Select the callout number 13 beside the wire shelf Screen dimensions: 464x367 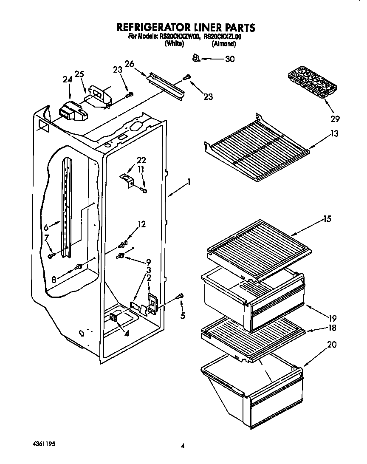tap(334, 135)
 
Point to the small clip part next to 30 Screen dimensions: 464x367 tap(195, 58)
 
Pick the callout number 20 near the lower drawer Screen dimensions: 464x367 tap(331, 345)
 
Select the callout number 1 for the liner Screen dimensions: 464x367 tap(188, 182)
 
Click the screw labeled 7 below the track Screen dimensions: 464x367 tap(51, 255)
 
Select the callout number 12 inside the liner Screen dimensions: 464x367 tap(141, 224)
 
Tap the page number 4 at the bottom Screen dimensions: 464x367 tap(183, 446)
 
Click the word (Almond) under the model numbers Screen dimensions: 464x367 tap(223, 44)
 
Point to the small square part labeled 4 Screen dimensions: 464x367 tap(114, 317)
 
